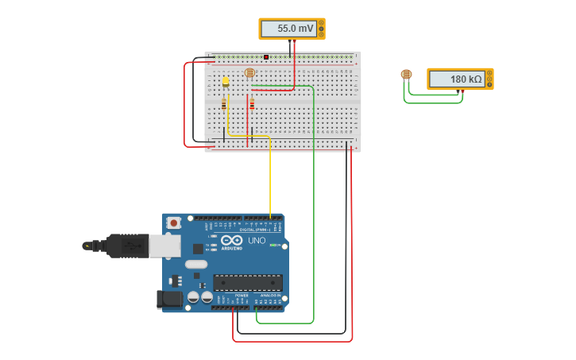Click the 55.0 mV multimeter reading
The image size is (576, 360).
(x=287, y=29)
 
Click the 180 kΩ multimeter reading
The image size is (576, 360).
(x=456, y=79)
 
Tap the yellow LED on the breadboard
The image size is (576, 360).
(x=226, y=81)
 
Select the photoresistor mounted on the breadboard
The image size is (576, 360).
(x=249, y=73)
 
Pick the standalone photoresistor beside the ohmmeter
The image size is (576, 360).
(x=406, y=75)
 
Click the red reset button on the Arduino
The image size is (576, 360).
(x=173, y=223)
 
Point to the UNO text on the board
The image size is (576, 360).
(x=257, y=240)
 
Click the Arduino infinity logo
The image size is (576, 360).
(x=232, y=240)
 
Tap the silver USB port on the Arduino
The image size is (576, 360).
(x=164, y=246)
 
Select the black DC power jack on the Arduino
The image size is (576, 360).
(x=168, y=300)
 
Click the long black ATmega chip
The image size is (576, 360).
(x=247, y=282)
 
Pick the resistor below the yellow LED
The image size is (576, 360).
(x=224, y=104)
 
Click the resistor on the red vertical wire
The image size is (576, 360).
(x=252, y=104)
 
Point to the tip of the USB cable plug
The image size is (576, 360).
(x=87, y=246)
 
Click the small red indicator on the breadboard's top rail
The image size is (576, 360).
(x=266, y=57)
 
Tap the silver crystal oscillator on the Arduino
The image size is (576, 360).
(x=195, y=264)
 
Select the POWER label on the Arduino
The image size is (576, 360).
(x=242, y=296)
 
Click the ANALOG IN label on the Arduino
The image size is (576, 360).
(x=270, y=296)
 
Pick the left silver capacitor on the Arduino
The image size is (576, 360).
(x=193, y=297)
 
